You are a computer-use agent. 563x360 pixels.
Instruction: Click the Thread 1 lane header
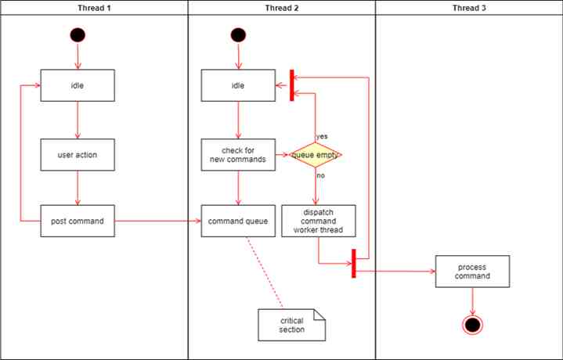[93, 8]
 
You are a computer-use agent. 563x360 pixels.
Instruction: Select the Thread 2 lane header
[281, 8]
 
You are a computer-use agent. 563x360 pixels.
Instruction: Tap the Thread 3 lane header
[468, 8]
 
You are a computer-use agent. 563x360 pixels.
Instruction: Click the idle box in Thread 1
[78, 85]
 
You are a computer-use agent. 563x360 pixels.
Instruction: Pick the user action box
[78, 155]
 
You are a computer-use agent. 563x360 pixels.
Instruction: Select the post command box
[78, 221]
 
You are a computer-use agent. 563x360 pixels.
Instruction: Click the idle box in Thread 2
[238, 85]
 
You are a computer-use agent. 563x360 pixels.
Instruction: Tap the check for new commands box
[238, 155]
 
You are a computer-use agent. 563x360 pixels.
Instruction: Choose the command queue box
[238, 221]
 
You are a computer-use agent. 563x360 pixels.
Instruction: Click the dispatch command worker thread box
[318, 221]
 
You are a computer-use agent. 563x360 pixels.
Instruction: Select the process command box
[472, 271]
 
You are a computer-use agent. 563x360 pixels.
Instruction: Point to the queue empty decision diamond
[316, 155]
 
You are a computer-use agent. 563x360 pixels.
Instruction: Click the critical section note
[291, 325]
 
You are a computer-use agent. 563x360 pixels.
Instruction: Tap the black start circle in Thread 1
[78, 34]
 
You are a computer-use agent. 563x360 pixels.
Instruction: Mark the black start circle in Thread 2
[238, 34]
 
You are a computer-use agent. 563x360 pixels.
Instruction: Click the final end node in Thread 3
[471, 325]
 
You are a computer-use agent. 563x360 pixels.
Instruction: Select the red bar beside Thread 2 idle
[291, 85]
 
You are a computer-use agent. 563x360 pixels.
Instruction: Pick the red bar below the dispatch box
[354, 263]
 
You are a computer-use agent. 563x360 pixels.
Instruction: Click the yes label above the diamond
[322, 136]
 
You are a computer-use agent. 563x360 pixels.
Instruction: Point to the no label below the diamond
[321, 175]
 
